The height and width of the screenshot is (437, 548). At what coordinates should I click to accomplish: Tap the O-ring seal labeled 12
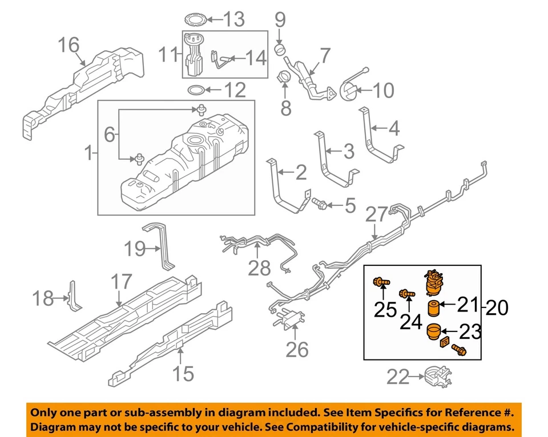click(x=196, y=90)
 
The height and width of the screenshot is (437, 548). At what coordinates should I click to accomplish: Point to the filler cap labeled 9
click(x=280, y=49)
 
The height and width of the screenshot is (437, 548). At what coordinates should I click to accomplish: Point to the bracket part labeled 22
click(x=435, y=376)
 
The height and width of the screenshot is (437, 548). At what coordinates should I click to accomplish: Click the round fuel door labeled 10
click(x=348, y=89)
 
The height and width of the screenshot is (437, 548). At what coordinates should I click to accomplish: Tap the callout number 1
click(x=87, y=153)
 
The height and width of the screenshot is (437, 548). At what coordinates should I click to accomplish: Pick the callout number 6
click(x=109, y=134)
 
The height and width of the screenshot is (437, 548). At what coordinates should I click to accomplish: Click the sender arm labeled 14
click(x=223, y=58)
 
